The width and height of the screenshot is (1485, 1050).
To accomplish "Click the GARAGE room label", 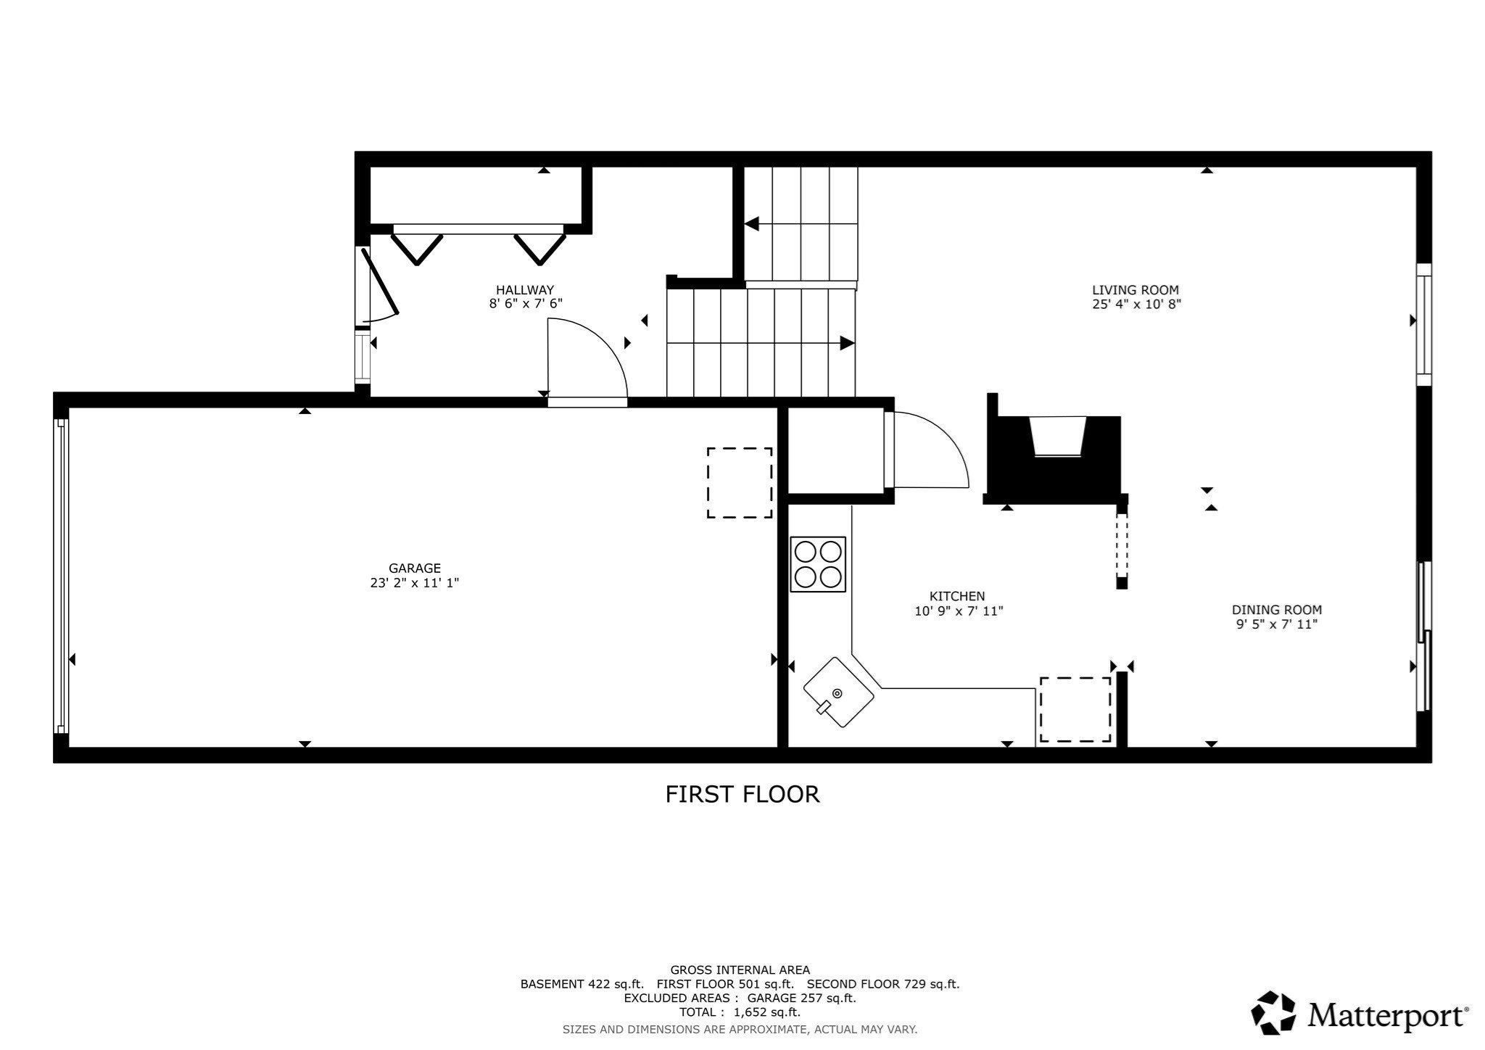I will click(414, 569).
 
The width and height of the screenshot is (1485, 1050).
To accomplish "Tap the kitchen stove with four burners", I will click(818, 564).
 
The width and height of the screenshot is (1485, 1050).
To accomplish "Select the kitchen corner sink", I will click(838, 693).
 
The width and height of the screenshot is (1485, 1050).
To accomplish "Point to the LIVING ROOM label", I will click(1136, 290).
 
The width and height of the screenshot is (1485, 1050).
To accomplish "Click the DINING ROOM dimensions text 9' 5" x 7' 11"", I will click(1276, 624).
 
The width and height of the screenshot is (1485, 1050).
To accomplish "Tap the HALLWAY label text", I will click(525, 290).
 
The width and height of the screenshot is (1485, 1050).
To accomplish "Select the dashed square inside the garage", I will click(740, 483).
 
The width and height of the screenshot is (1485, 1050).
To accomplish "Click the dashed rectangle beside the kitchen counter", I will click(1075, 709).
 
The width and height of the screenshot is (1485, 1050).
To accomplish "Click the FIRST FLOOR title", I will click(742, 794).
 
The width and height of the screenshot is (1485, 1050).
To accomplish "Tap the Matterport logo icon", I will click(1274, 1012).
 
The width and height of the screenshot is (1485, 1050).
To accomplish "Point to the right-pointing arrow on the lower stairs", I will click(846, 343).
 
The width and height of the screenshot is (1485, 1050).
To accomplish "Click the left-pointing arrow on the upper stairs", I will click(752, 223).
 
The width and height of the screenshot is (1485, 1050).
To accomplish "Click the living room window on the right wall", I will click(1424, 324).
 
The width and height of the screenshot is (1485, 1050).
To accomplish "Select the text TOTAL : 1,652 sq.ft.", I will click(740, 1012).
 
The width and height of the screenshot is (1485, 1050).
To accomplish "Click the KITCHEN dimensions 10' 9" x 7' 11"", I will click(959, 611).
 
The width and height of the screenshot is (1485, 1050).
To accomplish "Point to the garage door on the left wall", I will click(62, 576).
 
